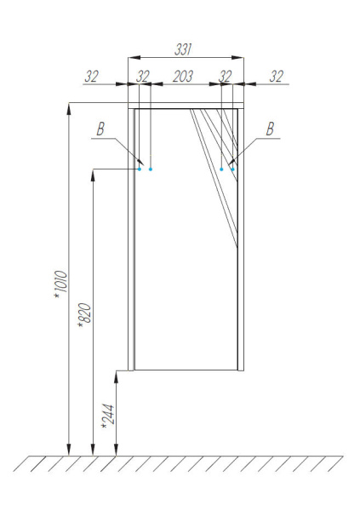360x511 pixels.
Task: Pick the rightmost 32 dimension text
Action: point(275,77)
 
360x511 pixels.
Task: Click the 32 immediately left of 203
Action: point(142,77)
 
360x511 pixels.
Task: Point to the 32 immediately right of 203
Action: point(225,77)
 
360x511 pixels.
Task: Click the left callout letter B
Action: point(100,129)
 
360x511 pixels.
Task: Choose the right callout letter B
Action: point(270,129)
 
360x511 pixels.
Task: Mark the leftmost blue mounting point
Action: point(140,169)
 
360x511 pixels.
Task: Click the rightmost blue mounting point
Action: point(232,169)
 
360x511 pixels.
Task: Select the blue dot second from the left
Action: point(151,169)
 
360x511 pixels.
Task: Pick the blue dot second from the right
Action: point(221,169)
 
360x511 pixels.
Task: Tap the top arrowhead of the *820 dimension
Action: point(92,174)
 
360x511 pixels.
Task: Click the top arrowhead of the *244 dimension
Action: point(116,376)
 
